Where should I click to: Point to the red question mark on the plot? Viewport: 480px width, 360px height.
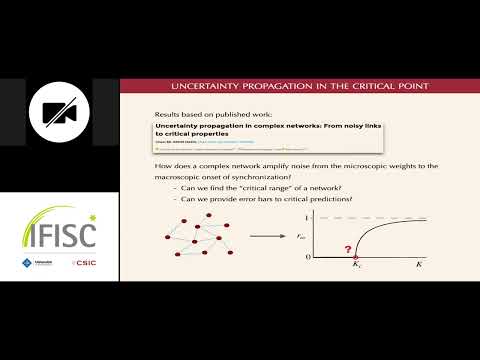point(348,248)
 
